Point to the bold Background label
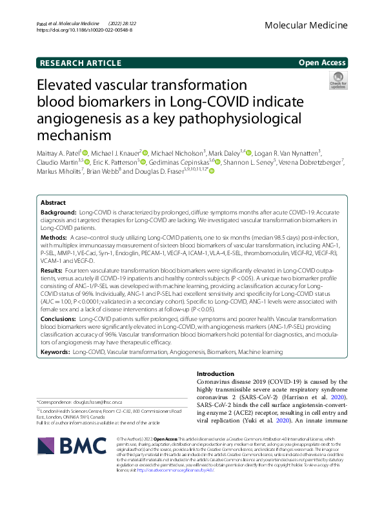(x=57, y=212)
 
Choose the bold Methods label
(x=54, y=238)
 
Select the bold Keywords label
(x=56, y=352)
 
